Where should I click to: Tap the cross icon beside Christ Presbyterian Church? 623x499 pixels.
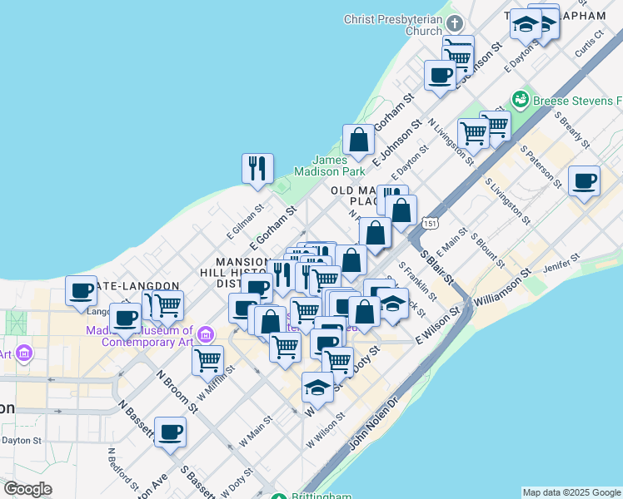pos(455,22)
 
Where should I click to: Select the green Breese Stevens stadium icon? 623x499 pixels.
pos(521,100)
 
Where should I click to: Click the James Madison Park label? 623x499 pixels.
pos(339,166)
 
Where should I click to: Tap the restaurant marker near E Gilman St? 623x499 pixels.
pos(257,168)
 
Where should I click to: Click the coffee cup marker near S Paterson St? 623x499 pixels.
pos(584,180)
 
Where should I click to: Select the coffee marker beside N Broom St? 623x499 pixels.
pos(170,432)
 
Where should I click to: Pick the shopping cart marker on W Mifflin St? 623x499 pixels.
pos(207,361)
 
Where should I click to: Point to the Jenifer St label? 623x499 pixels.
pos(561,269)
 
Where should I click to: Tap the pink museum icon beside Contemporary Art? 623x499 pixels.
pos(207,334)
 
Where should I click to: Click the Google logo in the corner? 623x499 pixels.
pos(27,489)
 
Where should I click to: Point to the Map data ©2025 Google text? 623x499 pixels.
pos(571,492)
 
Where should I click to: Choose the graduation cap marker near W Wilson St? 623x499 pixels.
pos(316,387)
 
